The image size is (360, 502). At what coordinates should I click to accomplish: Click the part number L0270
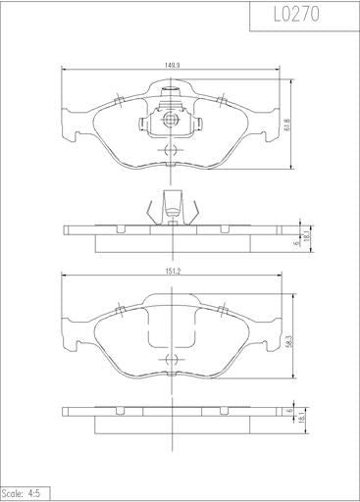click(x=296, y=15)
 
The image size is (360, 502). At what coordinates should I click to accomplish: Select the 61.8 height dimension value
click(x=287, y=125)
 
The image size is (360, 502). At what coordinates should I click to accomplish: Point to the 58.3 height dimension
click(x=288, y=340)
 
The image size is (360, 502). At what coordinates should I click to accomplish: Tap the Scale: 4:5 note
click(x=21, y=493)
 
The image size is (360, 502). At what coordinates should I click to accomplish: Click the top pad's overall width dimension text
click(x=174, y=66)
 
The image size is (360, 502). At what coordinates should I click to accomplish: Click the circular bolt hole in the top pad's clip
click(x=170, y=119)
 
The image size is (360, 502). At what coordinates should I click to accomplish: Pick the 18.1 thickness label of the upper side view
click(x=306, y=236)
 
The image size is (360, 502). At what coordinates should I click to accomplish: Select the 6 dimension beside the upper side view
click(x=297, y=243)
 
